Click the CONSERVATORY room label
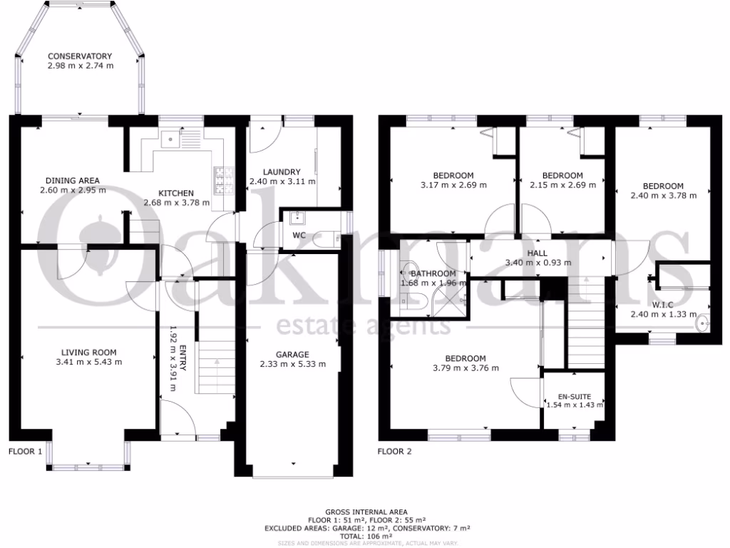[x=81, y=56]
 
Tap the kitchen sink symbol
[x=168, y=140]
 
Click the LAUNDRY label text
[x=282, y=172]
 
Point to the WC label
[x=299, y=235]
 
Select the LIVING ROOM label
[x=89, y=352]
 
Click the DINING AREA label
[x=73, y=180]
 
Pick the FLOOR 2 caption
[x=394, y=451]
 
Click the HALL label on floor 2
[x=538, y=253]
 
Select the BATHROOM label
[x=433, y=273]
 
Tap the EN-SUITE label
[x=574, y=396]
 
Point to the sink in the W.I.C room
[x=703, y=323]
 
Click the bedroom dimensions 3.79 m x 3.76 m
[x=466, y=368]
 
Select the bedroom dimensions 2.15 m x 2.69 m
[x=562, y=185]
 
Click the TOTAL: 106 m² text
[x=366, y=536]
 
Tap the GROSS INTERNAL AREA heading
[x=366, y=512]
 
